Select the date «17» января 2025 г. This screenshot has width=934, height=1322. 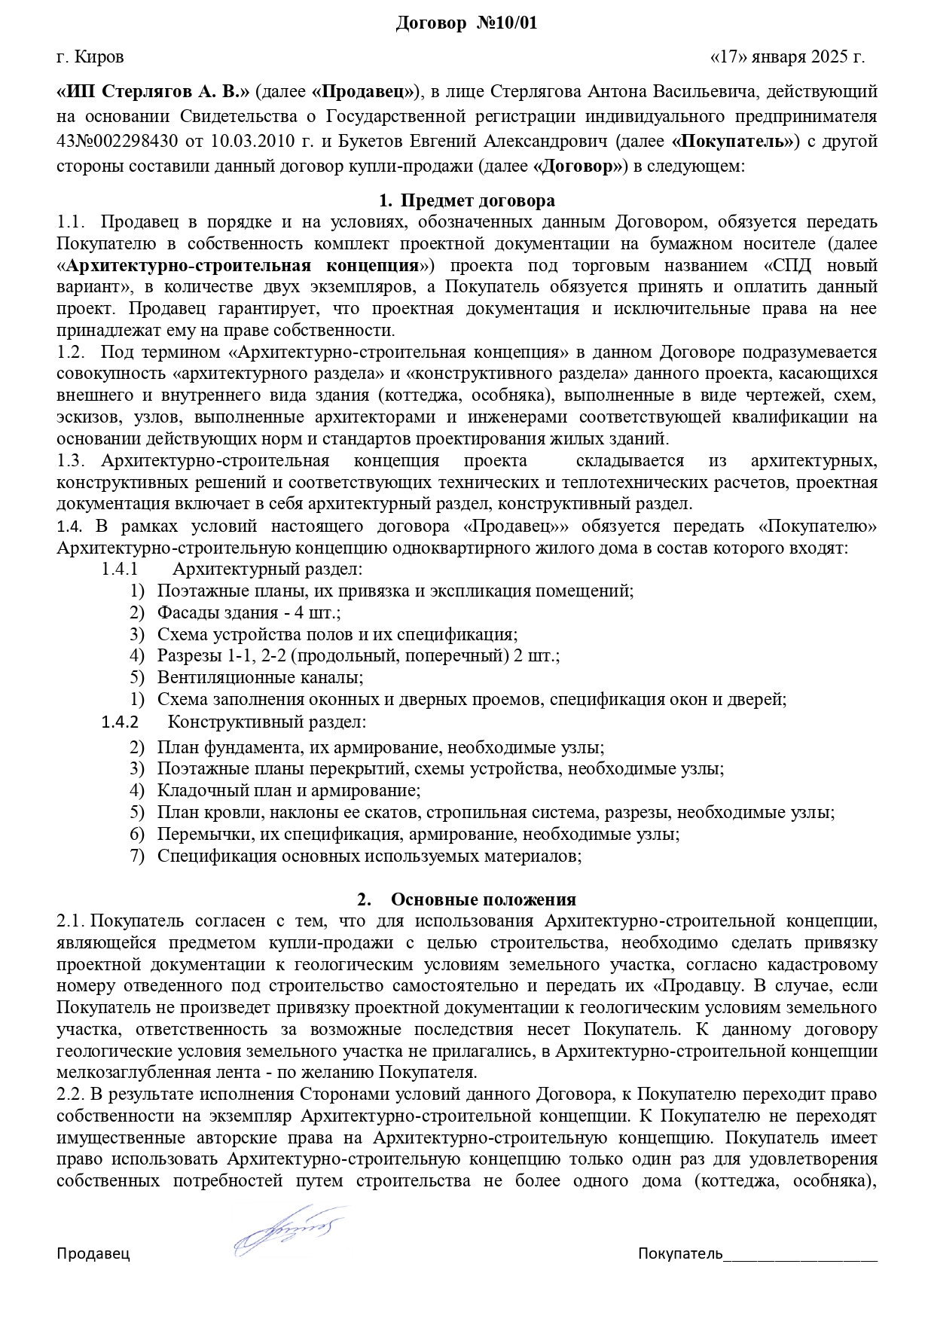click(x=788, y=56)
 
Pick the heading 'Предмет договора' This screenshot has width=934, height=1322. click(x=478, y=200)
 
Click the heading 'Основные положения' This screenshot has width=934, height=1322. click(x=484, y=899)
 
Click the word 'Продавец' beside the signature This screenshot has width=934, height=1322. click(x=93, y=1253)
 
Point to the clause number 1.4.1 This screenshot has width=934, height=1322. click(x=120, y=569)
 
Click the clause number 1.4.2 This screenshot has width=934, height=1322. click(x=121, y=722)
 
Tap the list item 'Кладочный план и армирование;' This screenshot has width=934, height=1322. click(x=288, y=790)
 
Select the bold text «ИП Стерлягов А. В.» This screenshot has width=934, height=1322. click(x=153, y=93)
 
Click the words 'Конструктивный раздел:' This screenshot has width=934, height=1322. click(x=267, y=722)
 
